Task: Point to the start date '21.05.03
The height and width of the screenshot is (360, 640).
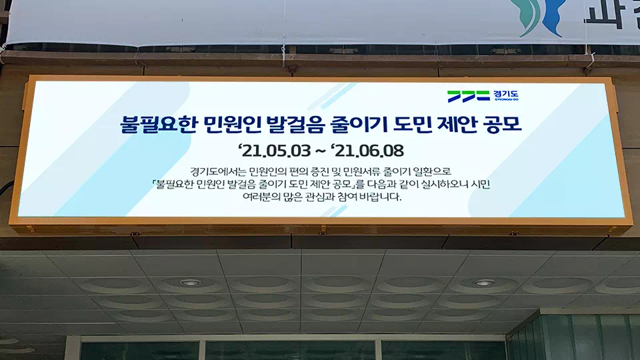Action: point(275,151)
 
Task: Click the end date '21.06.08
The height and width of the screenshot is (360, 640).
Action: point(367,151)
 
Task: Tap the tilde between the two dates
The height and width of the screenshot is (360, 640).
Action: point(321,151)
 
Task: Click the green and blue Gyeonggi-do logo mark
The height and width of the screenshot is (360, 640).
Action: point(468,96)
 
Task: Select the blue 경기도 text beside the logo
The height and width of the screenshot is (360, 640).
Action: point(506,95)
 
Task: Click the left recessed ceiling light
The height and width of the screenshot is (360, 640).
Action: point(190,283)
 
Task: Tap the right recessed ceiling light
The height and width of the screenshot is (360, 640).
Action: point(484,283)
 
